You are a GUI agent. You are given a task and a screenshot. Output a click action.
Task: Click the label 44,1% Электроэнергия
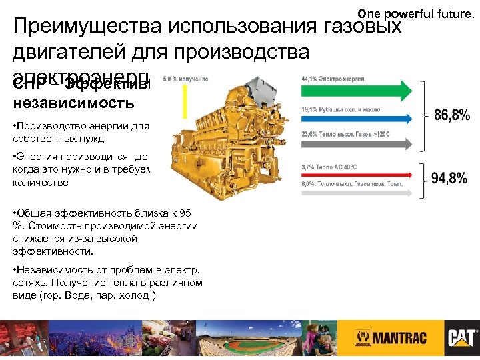[333, 78]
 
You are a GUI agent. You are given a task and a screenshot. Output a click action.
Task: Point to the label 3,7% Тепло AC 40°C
[331, 167]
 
